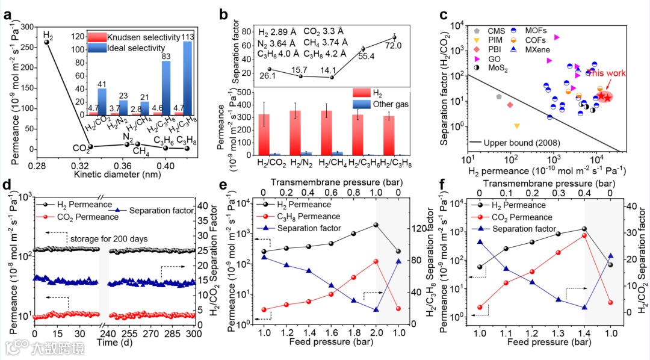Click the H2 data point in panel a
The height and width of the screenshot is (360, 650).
click(46, 42)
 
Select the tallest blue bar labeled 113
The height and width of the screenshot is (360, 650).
click(187, 78)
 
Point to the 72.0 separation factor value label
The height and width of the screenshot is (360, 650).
click(394, 46)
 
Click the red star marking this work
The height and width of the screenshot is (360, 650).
click(604, 97)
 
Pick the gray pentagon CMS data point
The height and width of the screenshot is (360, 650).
click(499, 96)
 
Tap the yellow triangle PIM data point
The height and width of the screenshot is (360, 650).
click(516, 126)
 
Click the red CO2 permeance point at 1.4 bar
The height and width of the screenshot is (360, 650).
click(584, 235)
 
